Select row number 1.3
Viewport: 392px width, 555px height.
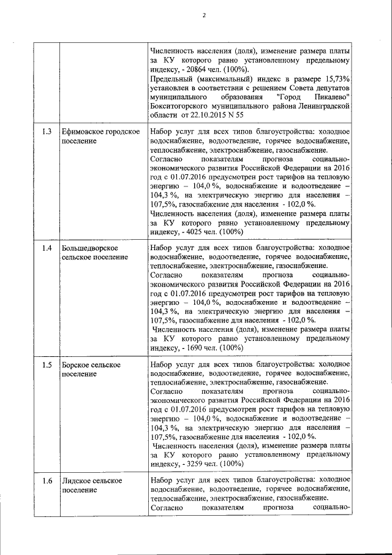47,132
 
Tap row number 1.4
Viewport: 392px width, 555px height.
47,248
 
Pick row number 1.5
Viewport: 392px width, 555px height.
47,364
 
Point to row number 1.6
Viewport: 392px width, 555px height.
47,480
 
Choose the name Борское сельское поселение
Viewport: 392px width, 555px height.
91,369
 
